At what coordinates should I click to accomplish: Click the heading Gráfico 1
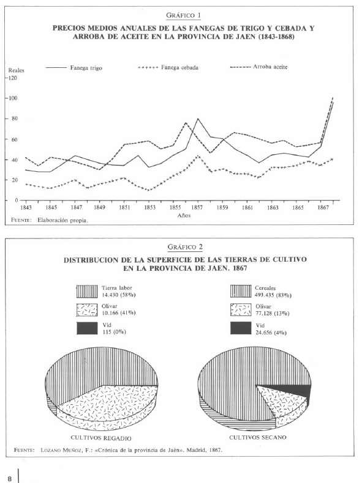(x=183, y=15)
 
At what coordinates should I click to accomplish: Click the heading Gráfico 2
(x=185, y=247)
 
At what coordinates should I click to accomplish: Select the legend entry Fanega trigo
(x=74, y=67)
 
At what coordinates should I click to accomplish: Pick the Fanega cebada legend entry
(x=168, y=67)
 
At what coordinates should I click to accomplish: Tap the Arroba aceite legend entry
(x=259, y=67)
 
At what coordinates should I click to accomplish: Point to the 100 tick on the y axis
(x=13, y=98)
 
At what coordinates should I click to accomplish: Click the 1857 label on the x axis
(x=197, y=208)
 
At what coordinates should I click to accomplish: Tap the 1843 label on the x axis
(x=26, y=208)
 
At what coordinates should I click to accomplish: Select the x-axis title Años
(x=184, y=216)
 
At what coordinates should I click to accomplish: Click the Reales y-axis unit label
(x=16, y=70)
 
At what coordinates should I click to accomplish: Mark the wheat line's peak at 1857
(x=197, y=119)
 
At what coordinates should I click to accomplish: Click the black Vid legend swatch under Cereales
(x=241, y=328)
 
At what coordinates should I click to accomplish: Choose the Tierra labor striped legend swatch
(x=87, y=292)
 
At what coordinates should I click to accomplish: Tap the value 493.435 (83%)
(x=273, y=295)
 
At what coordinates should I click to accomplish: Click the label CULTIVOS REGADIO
(x=101, y=438)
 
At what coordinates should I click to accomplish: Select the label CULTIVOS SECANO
(x=258, y=437)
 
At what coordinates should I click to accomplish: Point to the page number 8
(x=10, y=479)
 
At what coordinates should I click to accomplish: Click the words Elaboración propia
(x=62, y=220)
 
